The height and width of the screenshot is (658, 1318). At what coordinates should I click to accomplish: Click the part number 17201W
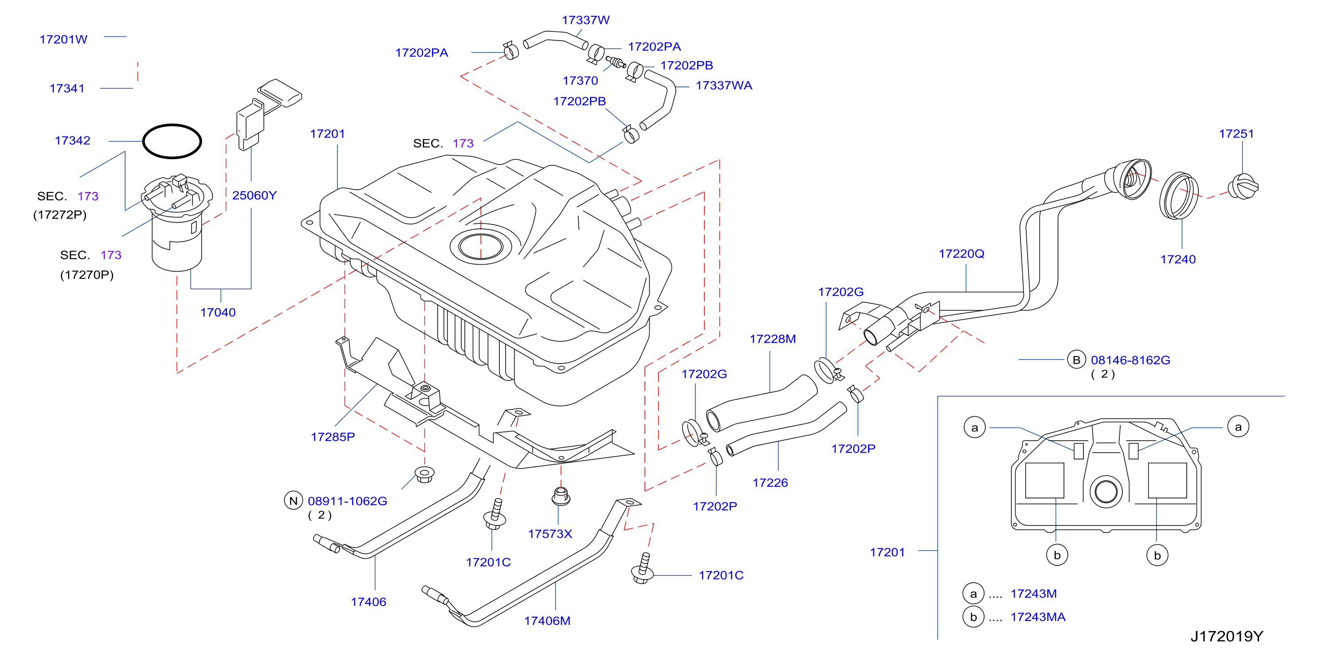[x=63, y=39]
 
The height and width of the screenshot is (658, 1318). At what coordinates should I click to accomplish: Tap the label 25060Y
[x=254, y=196]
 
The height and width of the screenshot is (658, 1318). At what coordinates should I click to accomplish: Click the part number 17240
[x=1178, y=259]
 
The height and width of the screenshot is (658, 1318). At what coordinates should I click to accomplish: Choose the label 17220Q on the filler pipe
[x=961, y=254]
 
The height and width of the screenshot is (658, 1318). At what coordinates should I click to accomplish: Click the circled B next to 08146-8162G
[x=1076, y=360]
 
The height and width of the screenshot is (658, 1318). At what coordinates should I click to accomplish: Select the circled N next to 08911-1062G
[x=294, y=501]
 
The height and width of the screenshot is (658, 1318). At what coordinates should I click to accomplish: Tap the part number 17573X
[x=550, y=534]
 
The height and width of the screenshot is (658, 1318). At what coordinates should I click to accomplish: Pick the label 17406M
[x=547, y=621]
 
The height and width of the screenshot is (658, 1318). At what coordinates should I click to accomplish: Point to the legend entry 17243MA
[x=1038, y=617]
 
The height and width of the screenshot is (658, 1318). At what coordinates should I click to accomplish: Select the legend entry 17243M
[x=1034, y=594]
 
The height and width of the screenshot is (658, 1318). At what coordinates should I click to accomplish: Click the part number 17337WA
[x=724, y=86]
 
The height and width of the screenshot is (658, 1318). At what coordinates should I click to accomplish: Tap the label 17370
[x=580, y=81]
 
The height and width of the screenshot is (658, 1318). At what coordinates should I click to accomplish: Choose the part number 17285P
[x=333, y=437]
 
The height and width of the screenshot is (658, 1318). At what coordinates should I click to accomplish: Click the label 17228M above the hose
[x=773, y=339]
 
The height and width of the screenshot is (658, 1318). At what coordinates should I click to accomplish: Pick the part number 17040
[x=218, y=313]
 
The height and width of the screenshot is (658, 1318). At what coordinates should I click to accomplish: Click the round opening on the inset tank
[x=1106, y=491]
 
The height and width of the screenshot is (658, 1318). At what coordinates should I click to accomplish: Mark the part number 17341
[x=67, y=89]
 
